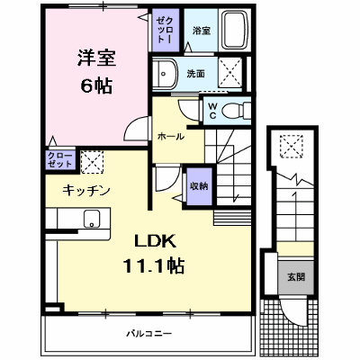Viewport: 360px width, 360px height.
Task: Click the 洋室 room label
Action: click(97, 58)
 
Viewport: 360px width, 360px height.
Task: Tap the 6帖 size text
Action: click(96, 85)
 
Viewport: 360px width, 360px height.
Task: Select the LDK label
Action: click(155, 241)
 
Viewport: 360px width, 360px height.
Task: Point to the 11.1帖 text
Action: click(154, 265)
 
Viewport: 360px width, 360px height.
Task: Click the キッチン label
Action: click(86, 191)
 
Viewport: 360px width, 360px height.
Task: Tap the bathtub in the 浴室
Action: click(235, 31)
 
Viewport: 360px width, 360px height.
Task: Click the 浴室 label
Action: click(202, 31)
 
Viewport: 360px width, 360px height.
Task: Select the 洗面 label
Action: click(196, 74)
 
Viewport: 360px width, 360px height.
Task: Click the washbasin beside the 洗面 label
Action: click(165, 74)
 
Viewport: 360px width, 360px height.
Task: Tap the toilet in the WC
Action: click(236, 111)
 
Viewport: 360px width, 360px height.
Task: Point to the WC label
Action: click(212, 111)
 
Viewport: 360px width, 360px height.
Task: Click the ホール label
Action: click(171, 137)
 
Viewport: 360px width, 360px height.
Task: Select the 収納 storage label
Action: click(199, 186)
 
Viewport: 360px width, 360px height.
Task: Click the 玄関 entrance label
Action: click(296, 277)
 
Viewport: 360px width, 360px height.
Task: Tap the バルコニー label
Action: click(148, 333)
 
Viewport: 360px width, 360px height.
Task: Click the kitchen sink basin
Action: click(92, 219)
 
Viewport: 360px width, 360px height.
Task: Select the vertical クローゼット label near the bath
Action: click(165, 31)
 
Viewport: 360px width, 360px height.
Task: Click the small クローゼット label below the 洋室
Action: click(60, 159)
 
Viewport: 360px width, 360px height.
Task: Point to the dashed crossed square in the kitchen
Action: click(92, 162)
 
